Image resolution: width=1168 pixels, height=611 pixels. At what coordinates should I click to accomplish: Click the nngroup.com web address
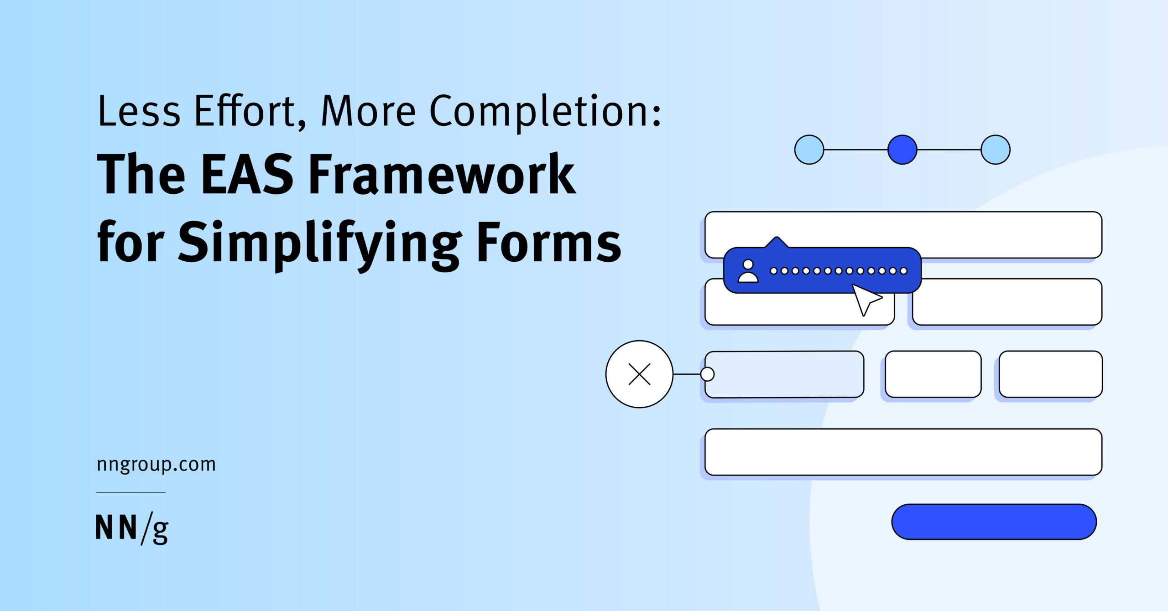156,465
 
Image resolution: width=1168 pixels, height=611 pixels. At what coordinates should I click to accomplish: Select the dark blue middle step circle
902,150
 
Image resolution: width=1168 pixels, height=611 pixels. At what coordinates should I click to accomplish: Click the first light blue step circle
809,150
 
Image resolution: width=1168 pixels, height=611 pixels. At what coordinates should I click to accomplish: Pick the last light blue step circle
995,150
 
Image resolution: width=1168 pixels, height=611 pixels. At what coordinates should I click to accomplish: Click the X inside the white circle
639,374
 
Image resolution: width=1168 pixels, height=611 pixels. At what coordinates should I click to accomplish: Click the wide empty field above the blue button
903,452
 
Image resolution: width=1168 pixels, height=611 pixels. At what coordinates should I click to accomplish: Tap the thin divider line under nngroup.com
131,492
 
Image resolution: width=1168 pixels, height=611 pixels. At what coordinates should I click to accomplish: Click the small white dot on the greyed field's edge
707,374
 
